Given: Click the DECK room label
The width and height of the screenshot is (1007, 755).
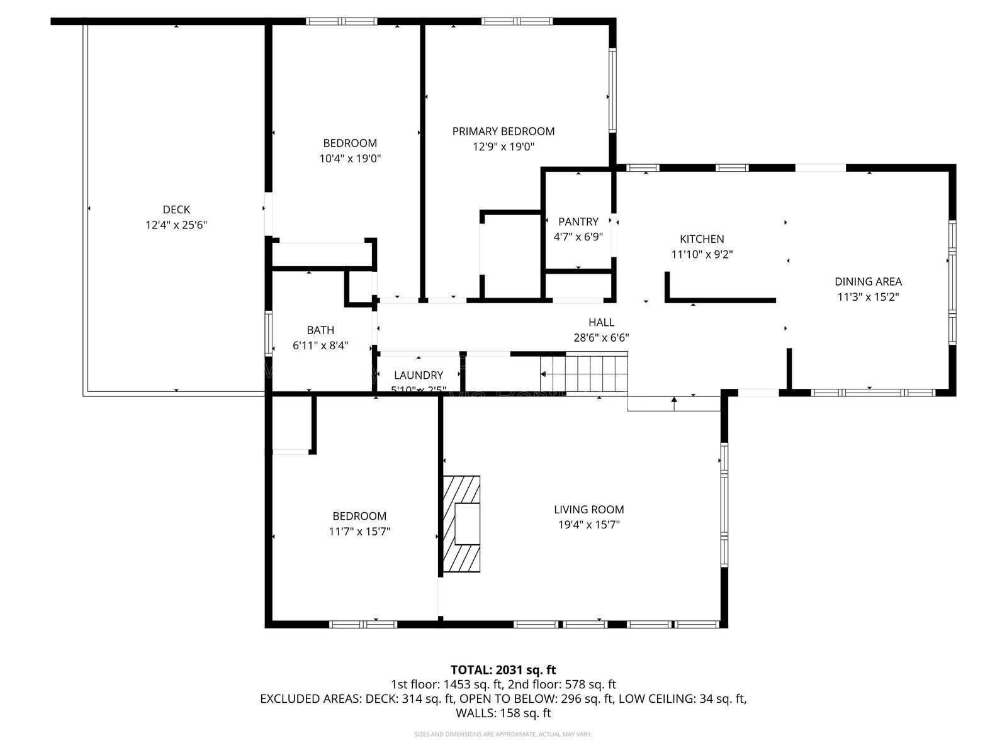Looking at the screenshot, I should (176, 210).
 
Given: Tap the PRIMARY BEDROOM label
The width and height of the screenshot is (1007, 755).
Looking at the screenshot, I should (503, 131).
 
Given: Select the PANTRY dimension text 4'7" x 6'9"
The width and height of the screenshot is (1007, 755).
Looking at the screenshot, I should (578, 237).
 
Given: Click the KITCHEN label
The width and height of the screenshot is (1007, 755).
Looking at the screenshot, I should (702, 239).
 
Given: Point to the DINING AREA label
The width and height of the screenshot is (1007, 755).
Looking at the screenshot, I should (868, 282).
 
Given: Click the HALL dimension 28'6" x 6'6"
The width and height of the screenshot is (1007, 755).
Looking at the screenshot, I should (600, 338).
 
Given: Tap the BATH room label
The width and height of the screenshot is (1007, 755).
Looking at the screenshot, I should (320, 330).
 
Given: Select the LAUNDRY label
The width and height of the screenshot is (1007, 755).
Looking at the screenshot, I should (419, 375).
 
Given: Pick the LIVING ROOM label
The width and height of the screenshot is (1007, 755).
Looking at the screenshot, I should (588, 510).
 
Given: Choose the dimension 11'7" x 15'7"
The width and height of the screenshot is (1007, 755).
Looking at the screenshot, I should (359, 532).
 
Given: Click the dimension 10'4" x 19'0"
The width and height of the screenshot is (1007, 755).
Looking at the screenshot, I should (350, 159).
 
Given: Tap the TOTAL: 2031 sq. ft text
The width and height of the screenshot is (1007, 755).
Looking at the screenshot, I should (503, 670).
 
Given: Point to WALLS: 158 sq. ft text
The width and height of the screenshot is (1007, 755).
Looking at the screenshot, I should (503, 713).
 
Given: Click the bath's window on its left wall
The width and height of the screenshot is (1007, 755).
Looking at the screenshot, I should (269, 332).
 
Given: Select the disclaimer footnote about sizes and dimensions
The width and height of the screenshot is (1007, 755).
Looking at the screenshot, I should (503, 734).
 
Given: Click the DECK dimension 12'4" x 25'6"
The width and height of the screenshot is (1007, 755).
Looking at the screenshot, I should (176, 225).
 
